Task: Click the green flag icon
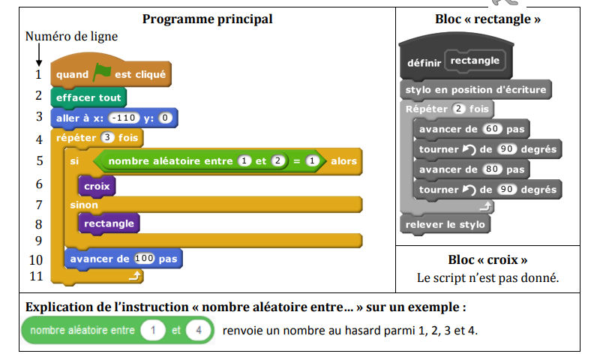[x=101, y=72]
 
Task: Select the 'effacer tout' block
[x=88, y=97]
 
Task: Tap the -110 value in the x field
[x=124, y=118]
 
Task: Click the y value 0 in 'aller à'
[x=165, y=118]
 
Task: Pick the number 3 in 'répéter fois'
[x=107, y=137]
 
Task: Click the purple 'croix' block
[x=97, y=186]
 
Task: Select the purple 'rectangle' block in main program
[x=109, y=223]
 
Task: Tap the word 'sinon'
[x=84, y=205]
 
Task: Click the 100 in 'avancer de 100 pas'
[x=144, y=259]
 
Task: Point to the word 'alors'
[x=343, y=161]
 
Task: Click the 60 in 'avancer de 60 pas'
[x=492, y=129]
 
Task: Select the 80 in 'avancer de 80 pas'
[x=492, y=169]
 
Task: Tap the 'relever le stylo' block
[x=445, y=224]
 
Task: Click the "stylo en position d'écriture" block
[x=475, y=89]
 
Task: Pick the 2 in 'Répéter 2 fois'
[x=458, y=109]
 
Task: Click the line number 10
[x=36, y=260]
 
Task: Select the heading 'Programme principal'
[x=208, y=19]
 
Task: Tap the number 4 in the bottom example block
[x=199, y=330]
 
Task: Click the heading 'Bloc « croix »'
[x=487, y=259]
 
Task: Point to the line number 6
[x=39, y=184]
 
